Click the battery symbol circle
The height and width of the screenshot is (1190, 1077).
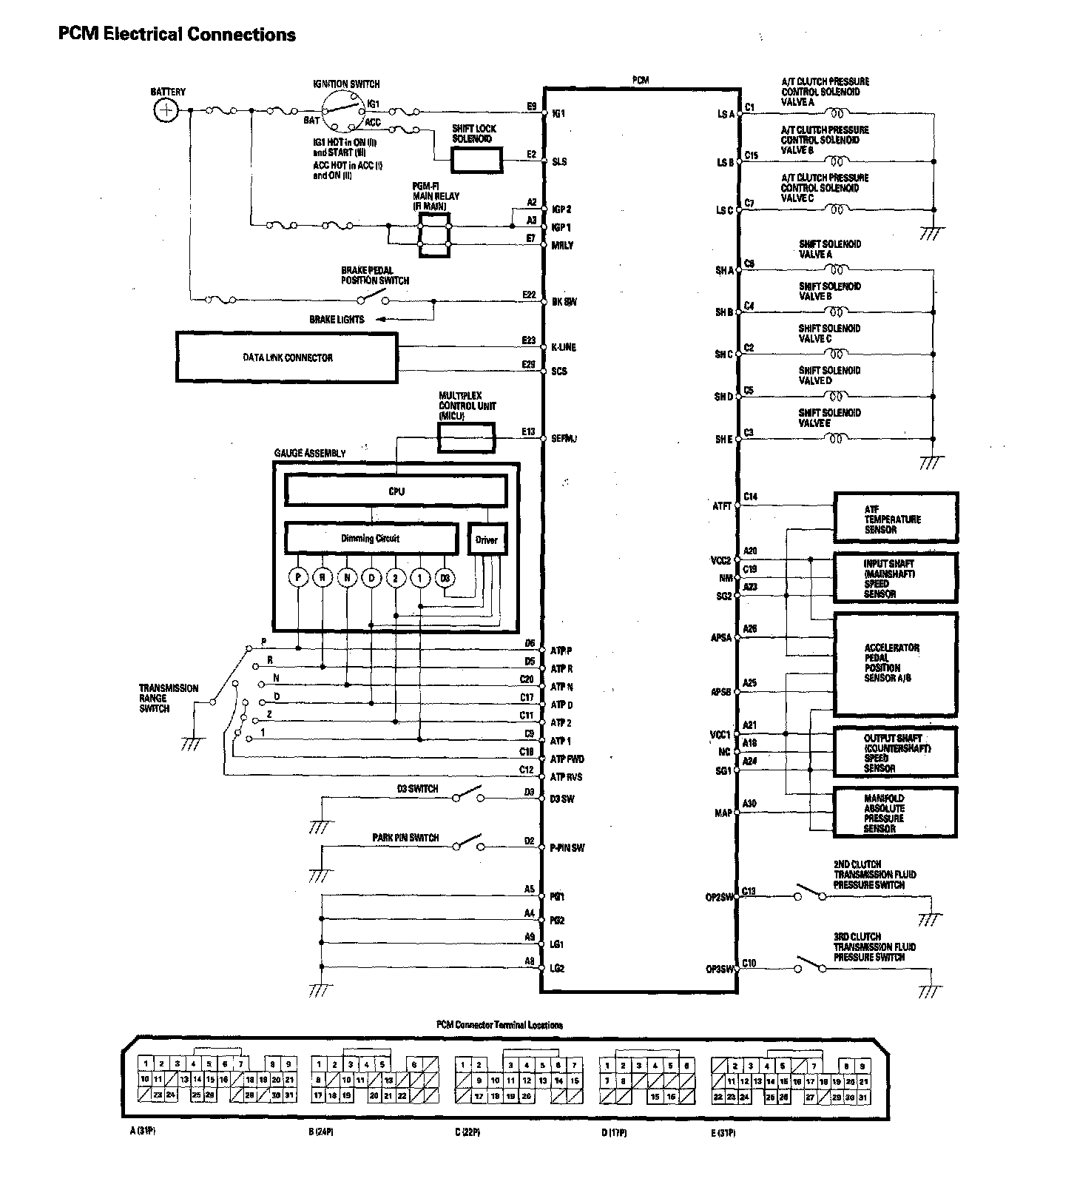pos(166,111)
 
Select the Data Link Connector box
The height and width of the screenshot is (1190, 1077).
pos(287,357)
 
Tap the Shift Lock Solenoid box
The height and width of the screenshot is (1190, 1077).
pos(476,159)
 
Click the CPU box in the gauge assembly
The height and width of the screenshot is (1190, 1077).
pos(396,491)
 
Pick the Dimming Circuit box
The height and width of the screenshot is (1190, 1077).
pos(371,539)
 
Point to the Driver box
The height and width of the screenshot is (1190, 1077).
pos(486,539)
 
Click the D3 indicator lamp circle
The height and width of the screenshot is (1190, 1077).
pos(445,577)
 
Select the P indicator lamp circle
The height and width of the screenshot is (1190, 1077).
pos(297,577)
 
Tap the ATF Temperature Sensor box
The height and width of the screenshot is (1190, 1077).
pos(895,518)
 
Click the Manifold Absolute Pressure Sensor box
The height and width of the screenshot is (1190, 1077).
pos(895,813)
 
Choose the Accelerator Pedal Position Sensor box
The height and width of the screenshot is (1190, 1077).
pos(895,663)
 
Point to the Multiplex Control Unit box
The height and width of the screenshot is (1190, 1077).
pos(465,438)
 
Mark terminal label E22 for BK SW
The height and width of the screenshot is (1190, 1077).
pos(528,295)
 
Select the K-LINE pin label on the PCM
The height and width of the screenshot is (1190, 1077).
pos(563,347)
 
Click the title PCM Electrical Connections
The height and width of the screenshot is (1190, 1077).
pos(177,34)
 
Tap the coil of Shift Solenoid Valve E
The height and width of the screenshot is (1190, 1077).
pos(837,439)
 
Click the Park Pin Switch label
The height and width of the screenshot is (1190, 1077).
pos(405,838)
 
